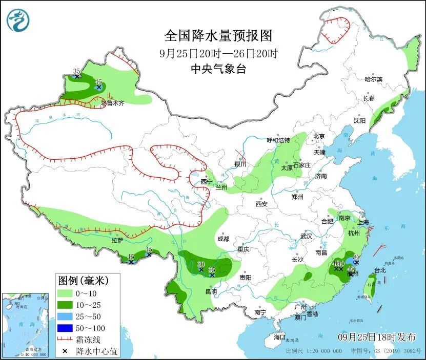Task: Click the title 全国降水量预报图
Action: pos(218,36)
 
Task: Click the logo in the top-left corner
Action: pos(18,20)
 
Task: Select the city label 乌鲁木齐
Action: pos(112,103)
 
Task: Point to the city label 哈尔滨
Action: pos(373,79)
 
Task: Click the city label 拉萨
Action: pos(117,240)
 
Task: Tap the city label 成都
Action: pos(222,239)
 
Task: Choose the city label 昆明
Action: pos(211,291)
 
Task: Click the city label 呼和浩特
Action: pos(278,140)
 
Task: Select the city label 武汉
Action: pos(306,236)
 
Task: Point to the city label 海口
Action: pos(279,337)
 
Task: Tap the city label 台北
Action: pos(379,270)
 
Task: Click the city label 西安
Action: pos(261,204)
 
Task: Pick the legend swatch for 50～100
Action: pos(65,328)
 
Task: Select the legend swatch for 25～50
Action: pos(65,316)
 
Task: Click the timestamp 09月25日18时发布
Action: pos(377,336)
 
